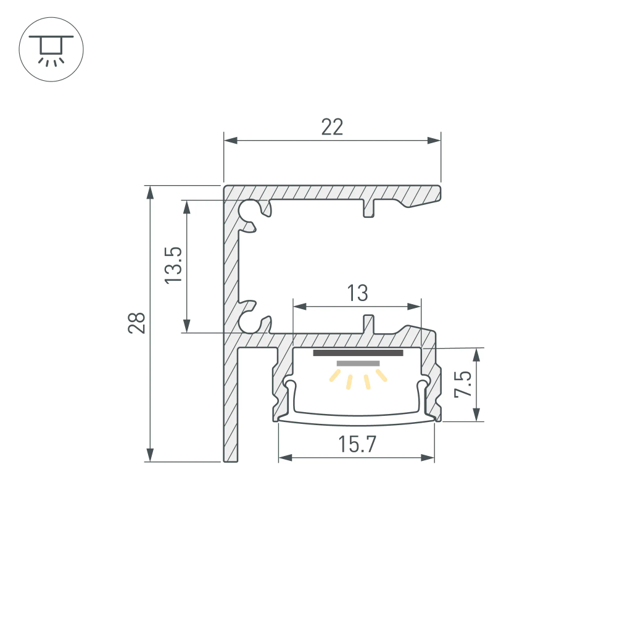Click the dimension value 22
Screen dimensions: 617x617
pyautogui.click(x=332, y=127)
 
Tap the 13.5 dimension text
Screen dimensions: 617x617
pyautogui.click(x=173, y=265)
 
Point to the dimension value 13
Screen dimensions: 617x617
pyautogui.click(x=357, y=293)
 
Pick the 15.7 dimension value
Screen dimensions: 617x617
pyautogui.click(x=357, y=444)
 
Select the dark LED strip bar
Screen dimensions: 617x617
pyautogui.click(x=358, y=354)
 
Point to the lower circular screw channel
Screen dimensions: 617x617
pyautogui.click(x=251, y=318)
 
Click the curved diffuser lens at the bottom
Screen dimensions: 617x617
pyautogui.click(x=357, y=419)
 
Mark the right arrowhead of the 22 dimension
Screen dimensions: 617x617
pyautogui.click(x=436, y=141)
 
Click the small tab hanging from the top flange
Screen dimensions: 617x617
pyautogui.click(x=369, y=209)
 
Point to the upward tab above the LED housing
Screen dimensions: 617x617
pyautogui.click(x=369, y=323)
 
